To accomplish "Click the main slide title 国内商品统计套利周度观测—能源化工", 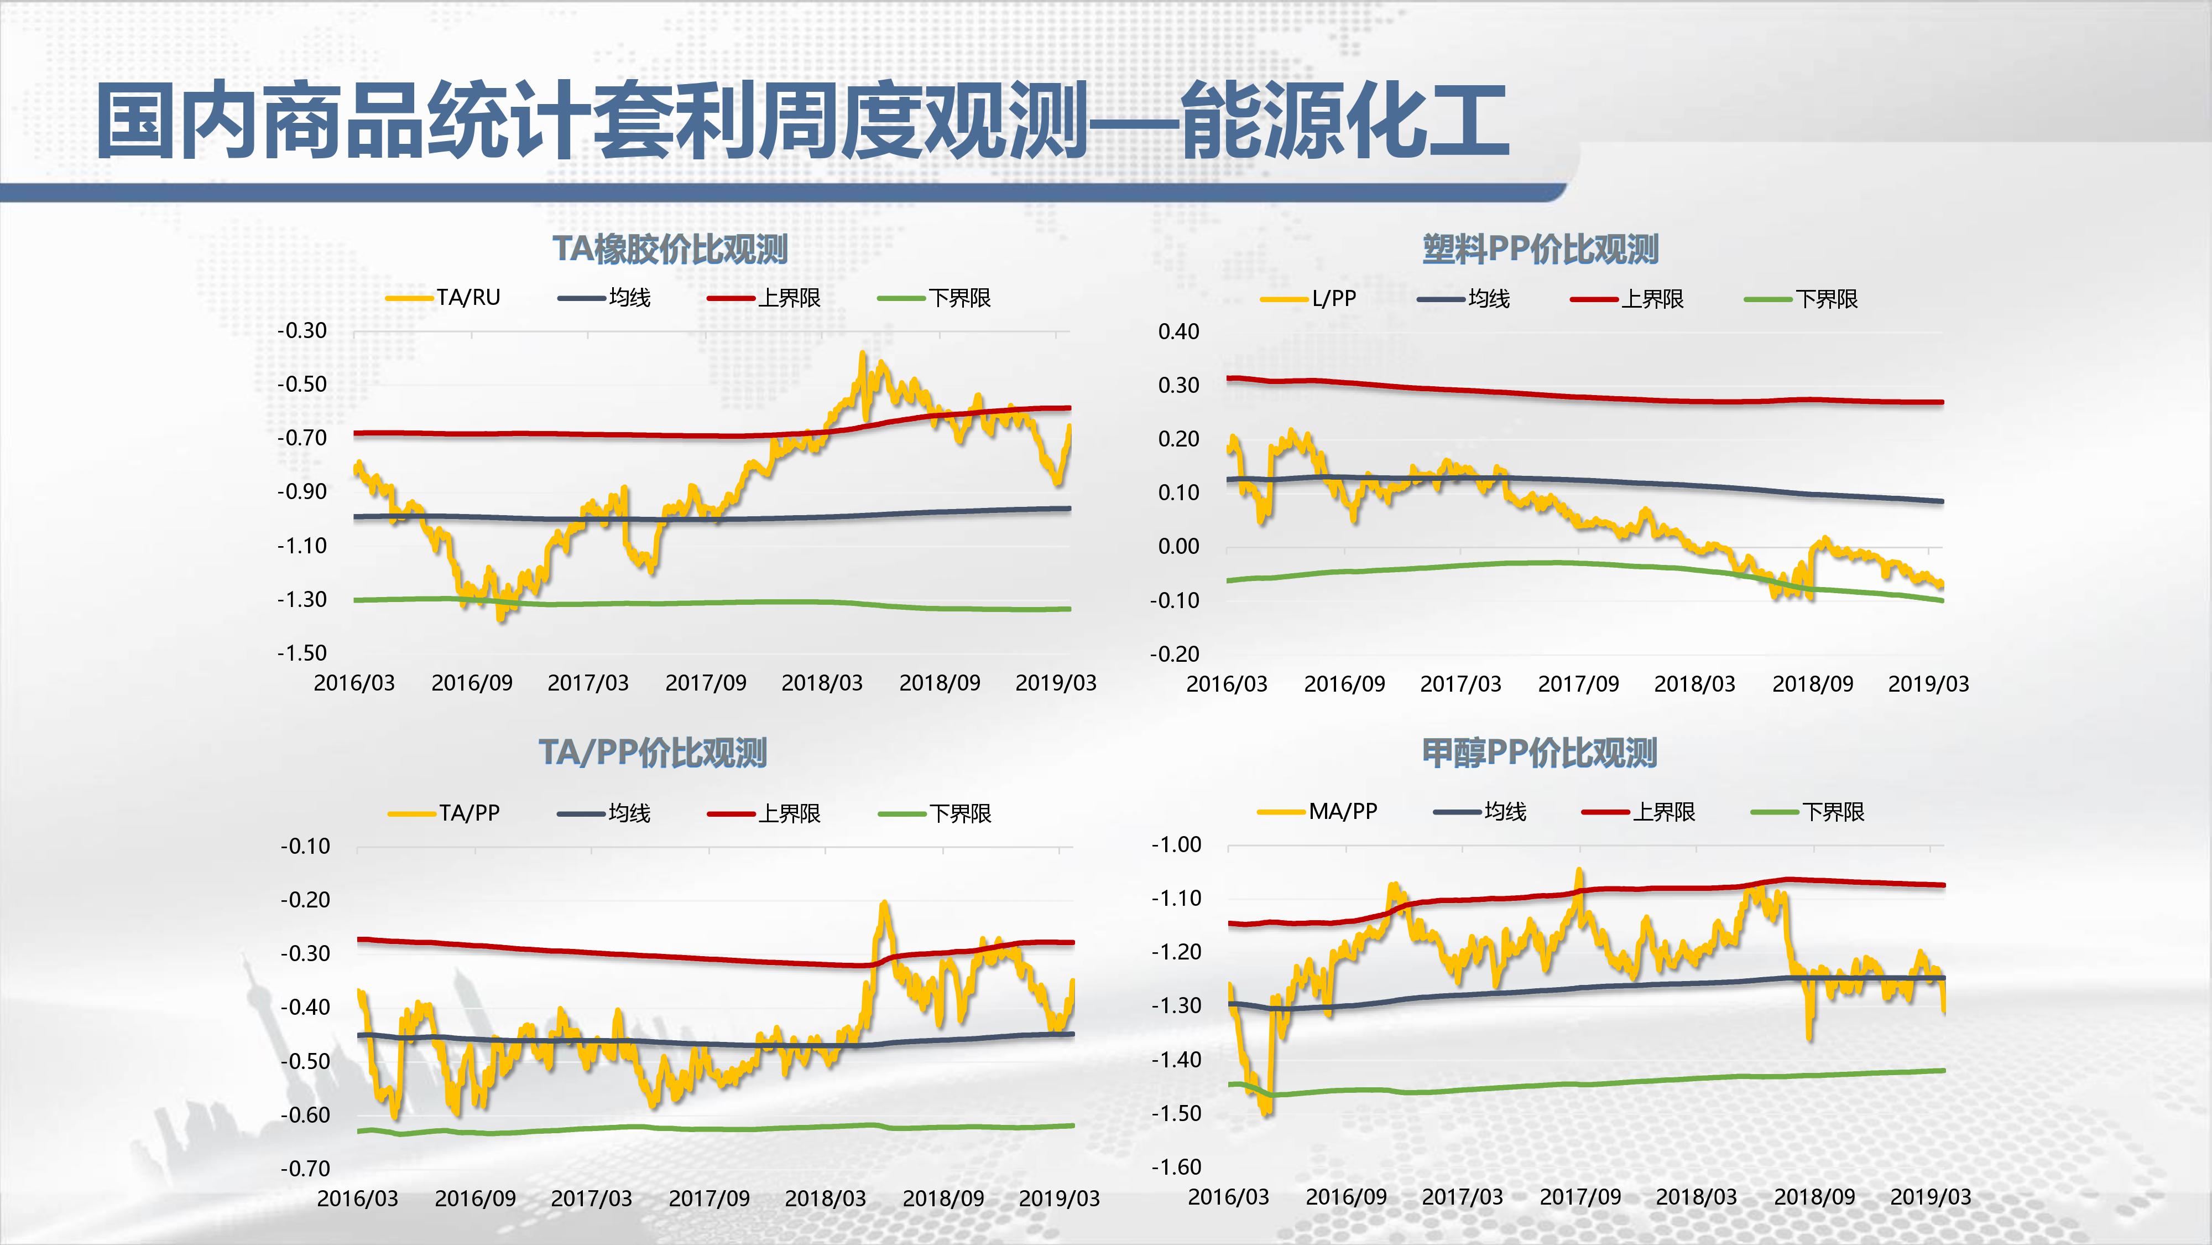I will pos(803,120).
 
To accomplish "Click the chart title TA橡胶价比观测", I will pos(670,249).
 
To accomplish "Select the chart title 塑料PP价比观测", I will pos(1541,249).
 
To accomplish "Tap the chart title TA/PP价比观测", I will pos(653,753).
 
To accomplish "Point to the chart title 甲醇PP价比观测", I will pos(1540,753).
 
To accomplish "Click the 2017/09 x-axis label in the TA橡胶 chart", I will pos(706,683).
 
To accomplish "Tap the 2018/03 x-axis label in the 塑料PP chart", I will pos(1694,684).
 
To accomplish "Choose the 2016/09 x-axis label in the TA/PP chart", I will pos(475,1199).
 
